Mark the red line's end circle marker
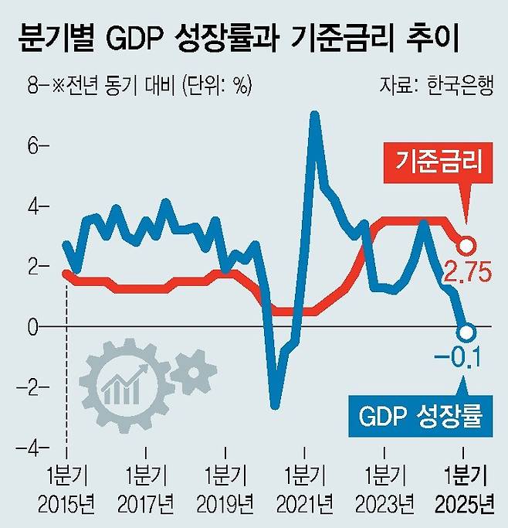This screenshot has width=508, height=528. pos(466,247)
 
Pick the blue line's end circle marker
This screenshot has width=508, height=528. pos(465,332)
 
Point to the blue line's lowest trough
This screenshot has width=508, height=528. pos(275,405)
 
